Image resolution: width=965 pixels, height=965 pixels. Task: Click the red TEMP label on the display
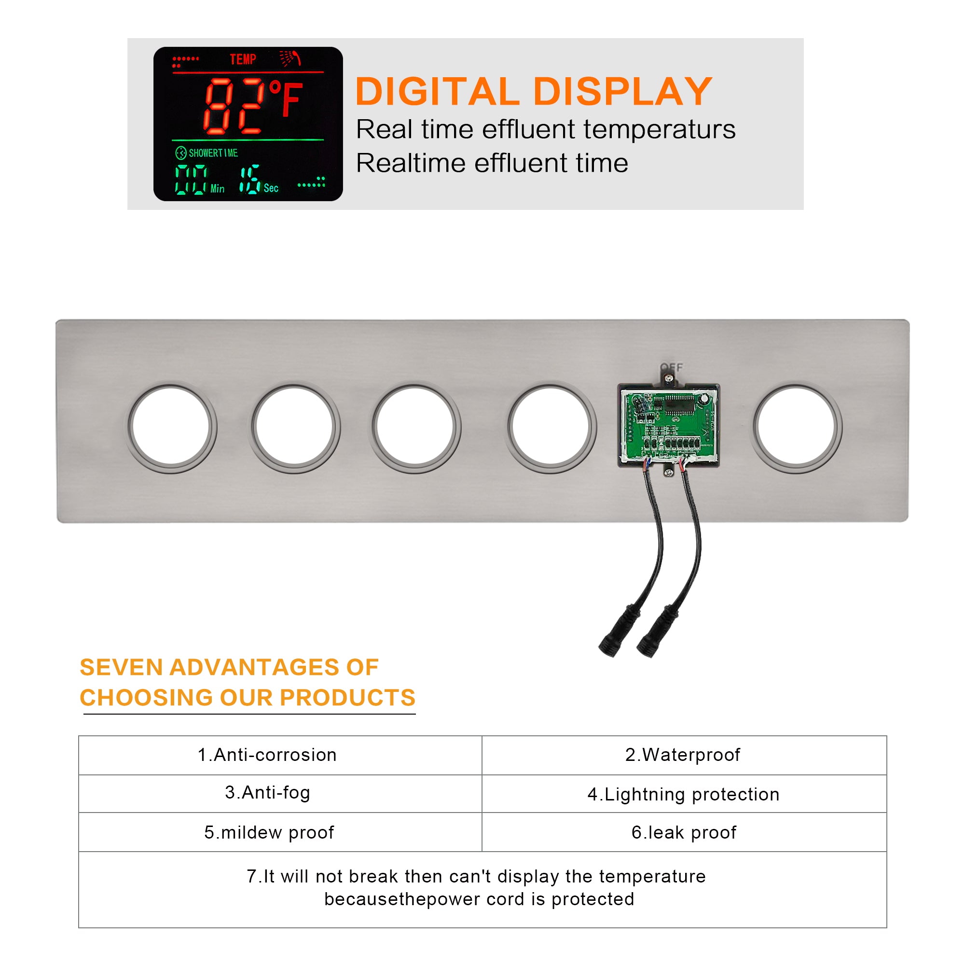click(x=243, y=59)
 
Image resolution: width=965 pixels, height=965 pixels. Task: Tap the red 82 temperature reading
click(x=234, y=106)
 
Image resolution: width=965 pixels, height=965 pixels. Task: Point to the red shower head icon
click(x=290, y=58)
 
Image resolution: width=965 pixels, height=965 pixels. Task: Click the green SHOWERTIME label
click(x=213, y=153)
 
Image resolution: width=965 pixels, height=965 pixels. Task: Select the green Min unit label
click(x=217, y=189)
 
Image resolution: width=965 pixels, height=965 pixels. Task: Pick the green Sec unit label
click(x=271, y=188)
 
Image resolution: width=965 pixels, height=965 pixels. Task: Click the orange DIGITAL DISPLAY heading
click(x=534, y=91)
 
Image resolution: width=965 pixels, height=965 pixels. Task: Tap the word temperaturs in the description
click(x=659, y=129)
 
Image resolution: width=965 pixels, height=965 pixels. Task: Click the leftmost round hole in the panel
click(x=171, y=427)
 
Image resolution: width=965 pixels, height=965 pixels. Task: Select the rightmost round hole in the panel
click(x=797, y=427)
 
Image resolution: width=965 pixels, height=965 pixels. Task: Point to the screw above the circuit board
click(x=670, y=380)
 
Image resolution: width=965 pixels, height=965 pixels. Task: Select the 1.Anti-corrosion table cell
click(x=280, y=755)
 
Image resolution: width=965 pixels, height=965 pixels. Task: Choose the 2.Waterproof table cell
click(x=684, y=755)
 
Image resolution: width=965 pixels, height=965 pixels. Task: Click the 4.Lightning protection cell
click(x=684, y=794)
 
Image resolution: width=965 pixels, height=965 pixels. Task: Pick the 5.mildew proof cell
click(x=280, y=832)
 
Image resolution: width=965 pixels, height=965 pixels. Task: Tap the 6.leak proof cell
click(x=684, y=832)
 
